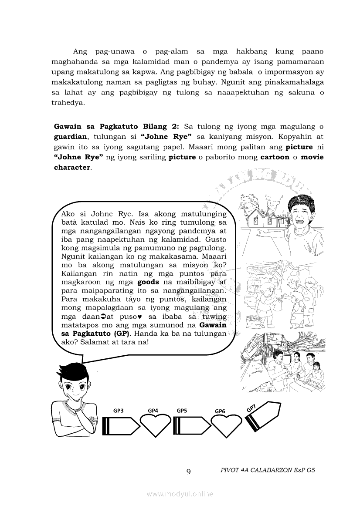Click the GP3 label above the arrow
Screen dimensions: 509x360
[118, 410]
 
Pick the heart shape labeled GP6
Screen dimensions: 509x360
[226, 425]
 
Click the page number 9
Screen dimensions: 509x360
[188, 472]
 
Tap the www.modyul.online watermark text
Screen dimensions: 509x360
[180, 494]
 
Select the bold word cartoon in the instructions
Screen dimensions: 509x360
[275, 157]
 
